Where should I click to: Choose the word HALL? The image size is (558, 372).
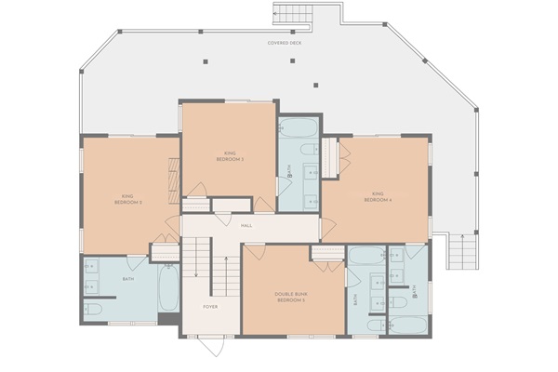point(246,226)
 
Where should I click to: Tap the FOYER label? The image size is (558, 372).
point(211,307)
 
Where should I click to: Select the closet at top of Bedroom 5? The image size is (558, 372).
point(327,252)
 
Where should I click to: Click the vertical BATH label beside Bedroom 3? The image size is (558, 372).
point(355,300)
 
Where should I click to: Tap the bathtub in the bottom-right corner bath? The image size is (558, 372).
point(406,325)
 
